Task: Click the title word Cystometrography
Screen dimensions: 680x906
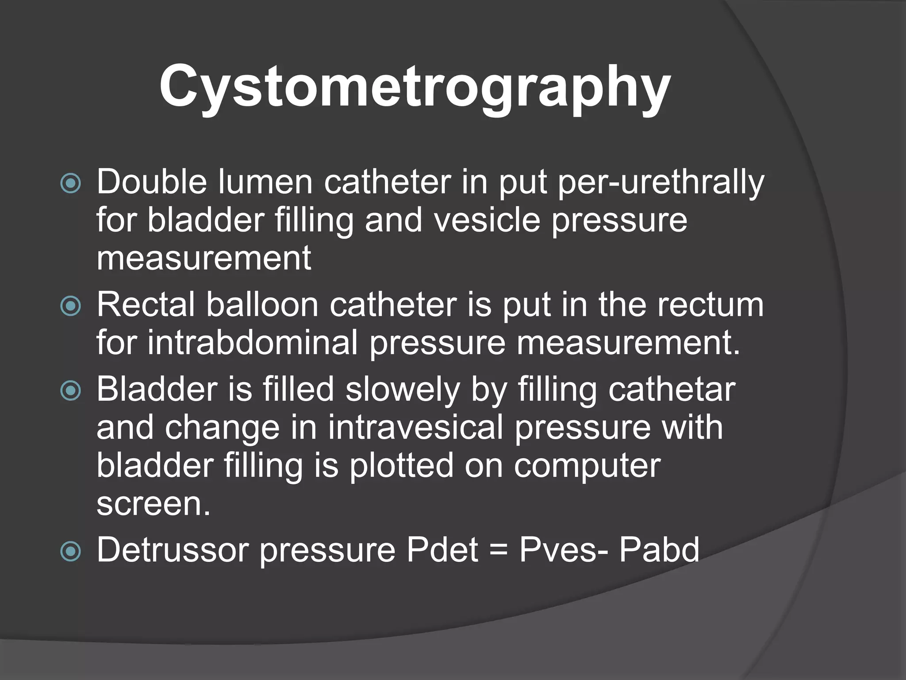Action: pyautogui.click(x=415, y=86)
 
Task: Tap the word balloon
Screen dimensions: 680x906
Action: pyautogui.click(x=262, y=305)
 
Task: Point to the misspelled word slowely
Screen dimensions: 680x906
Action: pyautogui.click(x=403, y=390)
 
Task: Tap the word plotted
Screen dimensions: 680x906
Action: pyautogui.click(x=401, y=465)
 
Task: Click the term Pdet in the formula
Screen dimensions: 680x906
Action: pyautogui.click(x=442, y=550)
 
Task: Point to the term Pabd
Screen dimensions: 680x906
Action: pyautogui.click(x=659, y=550)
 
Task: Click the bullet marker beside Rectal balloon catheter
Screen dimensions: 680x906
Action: pyautogui.click(x=71, y=305)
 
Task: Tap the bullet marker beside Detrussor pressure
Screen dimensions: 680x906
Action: pyautogui.click(x=71, y=551)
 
